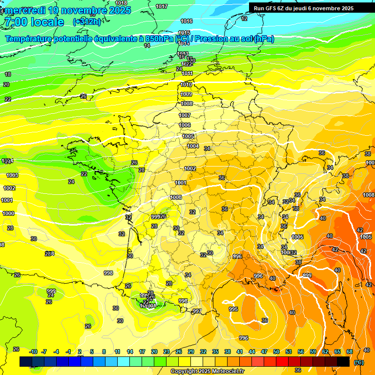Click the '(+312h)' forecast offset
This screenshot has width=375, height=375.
(x=87, y=22)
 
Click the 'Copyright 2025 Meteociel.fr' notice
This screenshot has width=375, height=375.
(x=207, y=371)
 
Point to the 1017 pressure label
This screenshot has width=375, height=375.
(x=162, y=6)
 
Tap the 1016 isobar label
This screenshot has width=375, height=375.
(x=186, y=21)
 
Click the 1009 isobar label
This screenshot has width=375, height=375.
(x=186, y=94)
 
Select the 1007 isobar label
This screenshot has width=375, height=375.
(x=185, y=116)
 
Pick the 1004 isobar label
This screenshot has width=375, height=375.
(x=193, y=146)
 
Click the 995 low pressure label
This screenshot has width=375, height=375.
(x=233, y=310)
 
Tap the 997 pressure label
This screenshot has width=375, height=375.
(x=197, y=311)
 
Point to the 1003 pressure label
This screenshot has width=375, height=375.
(x=12, y=175)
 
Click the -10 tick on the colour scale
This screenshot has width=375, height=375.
(x=33, y=352)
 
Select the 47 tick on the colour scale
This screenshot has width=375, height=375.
(x=264, y=352)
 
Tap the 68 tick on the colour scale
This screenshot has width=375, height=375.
(x=350, y=352)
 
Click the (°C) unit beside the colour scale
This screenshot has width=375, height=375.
(x=358, y=362)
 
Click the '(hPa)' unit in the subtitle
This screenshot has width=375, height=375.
(x=264, y=39)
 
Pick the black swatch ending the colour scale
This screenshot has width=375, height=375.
(x=343, y=361)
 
